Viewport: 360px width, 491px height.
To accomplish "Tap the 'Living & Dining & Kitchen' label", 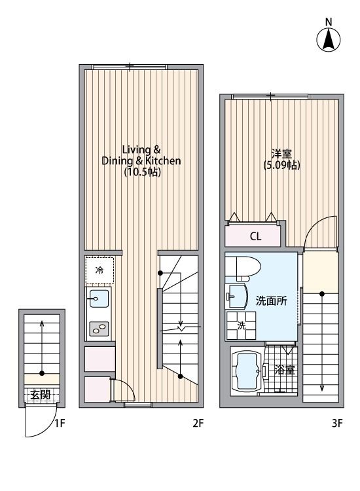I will click(x=141, y=155).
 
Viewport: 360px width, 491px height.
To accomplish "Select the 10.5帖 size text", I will click(x=142, y=173).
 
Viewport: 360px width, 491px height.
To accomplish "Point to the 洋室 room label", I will click(x=281, y=153).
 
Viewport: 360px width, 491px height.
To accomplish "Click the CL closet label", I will click(x=255, y=236).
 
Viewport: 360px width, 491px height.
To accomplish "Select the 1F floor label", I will click(x=59, y=423).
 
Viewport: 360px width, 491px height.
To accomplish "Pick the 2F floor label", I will click(x=198, y=423).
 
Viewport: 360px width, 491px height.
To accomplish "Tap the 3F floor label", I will click(x=336, y=423).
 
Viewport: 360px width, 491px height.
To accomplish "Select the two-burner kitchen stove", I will click(x=99, y=329).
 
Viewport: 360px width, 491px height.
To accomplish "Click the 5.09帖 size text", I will click(x=282, y=166).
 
